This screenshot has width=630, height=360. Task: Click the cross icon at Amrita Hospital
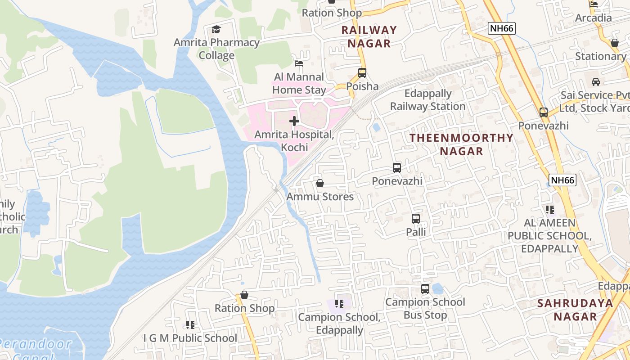[x=294, y=121]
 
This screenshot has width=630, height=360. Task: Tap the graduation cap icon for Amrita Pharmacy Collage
[x=216, y=29]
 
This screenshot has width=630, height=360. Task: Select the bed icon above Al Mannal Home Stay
[x=299, y=63]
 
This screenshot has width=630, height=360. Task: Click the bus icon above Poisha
[x=362, y=72]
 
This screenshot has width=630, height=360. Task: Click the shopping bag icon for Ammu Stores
[x=320, y=183]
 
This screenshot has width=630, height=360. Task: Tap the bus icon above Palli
[x=416, y=219]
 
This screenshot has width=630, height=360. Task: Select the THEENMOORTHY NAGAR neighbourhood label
[x=461, y=144]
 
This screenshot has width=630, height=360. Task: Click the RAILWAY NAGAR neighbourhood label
[x=369, y=37]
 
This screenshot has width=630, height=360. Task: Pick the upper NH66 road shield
[x=501, y=29]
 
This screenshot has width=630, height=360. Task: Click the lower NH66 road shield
[x=563, y=180]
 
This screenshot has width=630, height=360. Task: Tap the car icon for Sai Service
[x=596, y=82]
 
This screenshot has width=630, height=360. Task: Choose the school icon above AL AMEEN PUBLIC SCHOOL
[x=549, y=209]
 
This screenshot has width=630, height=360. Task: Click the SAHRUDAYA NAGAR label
[x=575, y=310]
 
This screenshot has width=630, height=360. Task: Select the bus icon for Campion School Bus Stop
[x=425, y=288]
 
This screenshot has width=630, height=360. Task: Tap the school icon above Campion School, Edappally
[x=339, y=304]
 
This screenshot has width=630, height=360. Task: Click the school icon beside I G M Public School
[x=190, y=324]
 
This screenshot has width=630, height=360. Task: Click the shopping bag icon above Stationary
[x=614, y=43]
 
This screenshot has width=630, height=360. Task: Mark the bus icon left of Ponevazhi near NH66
[x=544, y=112]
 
